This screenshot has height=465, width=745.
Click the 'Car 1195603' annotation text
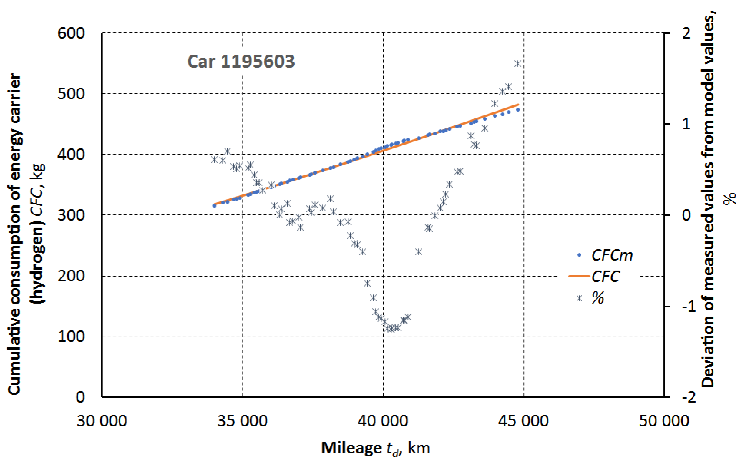pos(241,62)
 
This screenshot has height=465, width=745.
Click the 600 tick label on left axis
pos(71,33)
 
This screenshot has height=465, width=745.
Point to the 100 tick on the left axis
pos(71,337)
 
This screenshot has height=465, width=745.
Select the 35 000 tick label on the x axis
pos(242,421)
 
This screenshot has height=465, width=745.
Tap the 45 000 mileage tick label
pos(523,421)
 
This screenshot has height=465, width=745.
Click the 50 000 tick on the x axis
pos(664,421)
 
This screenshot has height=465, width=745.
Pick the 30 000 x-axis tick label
pos(102,421)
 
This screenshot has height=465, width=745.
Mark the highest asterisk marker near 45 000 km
pos(518,64)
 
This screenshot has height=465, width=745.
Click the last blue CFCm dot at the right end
pos(518,110)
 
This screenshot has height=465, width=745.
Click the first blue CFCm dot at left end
pos(214,205)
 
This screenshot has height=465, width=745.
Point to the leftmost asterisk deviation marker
pos(214,160)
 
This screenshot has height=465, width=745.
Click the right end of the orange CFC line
pos(519,105)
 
